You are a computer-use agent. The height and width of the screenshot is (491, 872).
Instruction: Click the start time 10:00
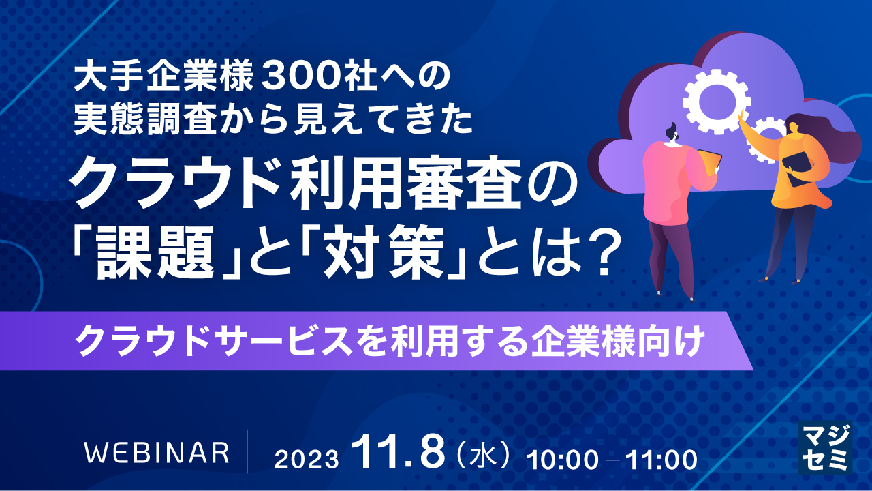(564, 459)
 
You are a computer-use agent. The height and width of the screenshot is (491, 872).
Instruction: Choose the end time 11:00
(660, 459)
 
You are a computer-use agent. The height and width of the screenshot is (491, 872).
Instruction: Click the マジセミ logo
(824, 447)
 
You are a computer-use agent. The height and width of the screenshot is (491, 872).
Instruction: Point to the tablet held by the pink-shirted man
(710, 162)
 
